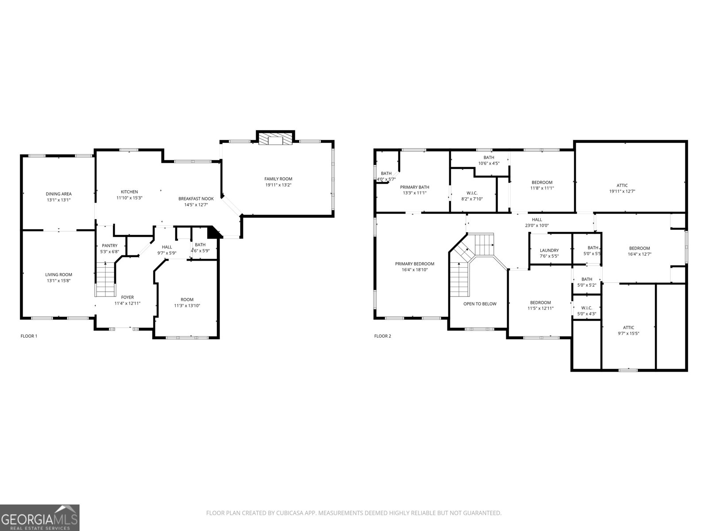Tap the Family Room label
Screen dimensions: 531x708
[278, 179]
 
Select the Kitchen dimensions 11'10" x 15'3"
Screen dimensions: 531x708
[129, 198]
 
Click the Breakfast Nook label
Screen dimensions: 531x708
[196, 199]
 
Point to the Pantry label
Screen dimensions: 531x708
[110, 246]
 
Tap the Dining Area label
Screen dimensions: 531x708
[58, 194]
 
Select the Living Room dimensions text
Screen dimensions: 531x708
[58, 281]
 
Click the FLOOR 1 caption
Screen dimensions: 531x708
[29, 336]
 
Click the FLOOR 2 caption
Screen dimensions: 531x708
[383, 336]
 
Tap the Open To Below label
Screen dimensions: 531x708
[480, 304]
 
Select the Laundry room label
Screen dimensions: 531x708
[549, 250]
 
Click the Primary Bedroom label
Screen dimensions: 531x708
[415, 264]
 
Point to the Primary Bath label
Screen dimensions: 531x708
[415, 187]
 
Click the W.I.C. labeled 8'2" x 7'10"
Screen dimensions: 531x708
[472, 193]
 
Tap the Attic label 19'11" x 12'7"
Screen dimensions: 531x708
[622, 185]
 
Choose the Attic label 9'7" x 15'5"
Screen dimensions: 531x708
[628, 327]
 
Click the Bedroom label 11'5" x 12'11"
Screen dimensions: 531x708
[540, 303]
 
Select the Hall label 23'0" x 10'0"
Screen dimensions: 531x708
[537, 219]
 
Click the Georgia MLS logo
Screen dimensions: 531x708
[40, 517]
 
